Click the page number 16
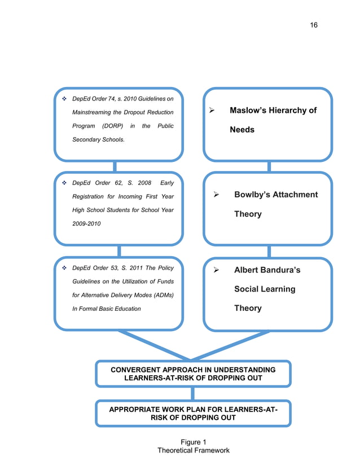(314, 25)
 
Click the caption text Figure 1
(193, 442)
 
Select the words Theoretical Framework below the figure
(193, 450)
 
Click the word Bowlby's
(254, 195)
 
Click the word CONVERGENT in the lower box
(135, 370)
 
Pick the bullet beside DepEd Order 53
(64, 268)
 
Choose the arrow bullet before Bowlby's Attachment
(216, 195)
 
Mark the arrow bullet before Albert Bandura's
(216, 270)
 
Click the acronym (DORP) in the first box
(110, 126)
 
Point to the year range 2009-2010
(86, 224)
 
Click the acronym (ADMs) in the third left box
(160, 295)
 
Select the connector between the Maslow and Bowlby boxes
(269, 166)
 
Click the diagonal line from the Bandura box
(231, 345)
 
